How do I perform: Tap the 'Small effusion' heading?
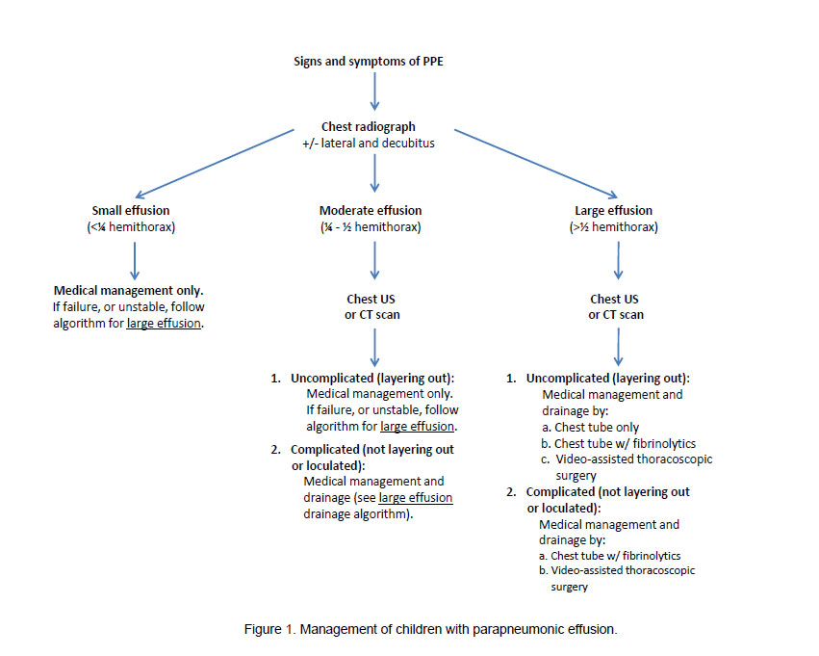(135, 210)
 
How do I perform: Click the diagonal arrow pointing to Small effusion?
(218, 160)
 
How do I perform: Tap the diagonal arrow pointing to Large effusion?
(533, 160)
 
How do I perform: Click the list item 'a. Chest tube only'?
(590, 427)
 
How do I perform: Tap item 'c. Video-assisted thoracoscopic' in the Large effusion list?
(627, 459)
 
